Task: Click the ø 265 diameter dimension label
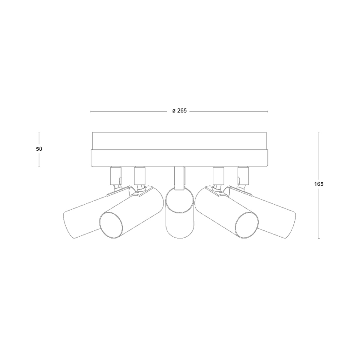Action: (179, 111)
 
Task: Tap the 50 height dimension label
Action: (39, 149)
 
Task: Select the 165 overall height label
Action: (319, 184)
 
